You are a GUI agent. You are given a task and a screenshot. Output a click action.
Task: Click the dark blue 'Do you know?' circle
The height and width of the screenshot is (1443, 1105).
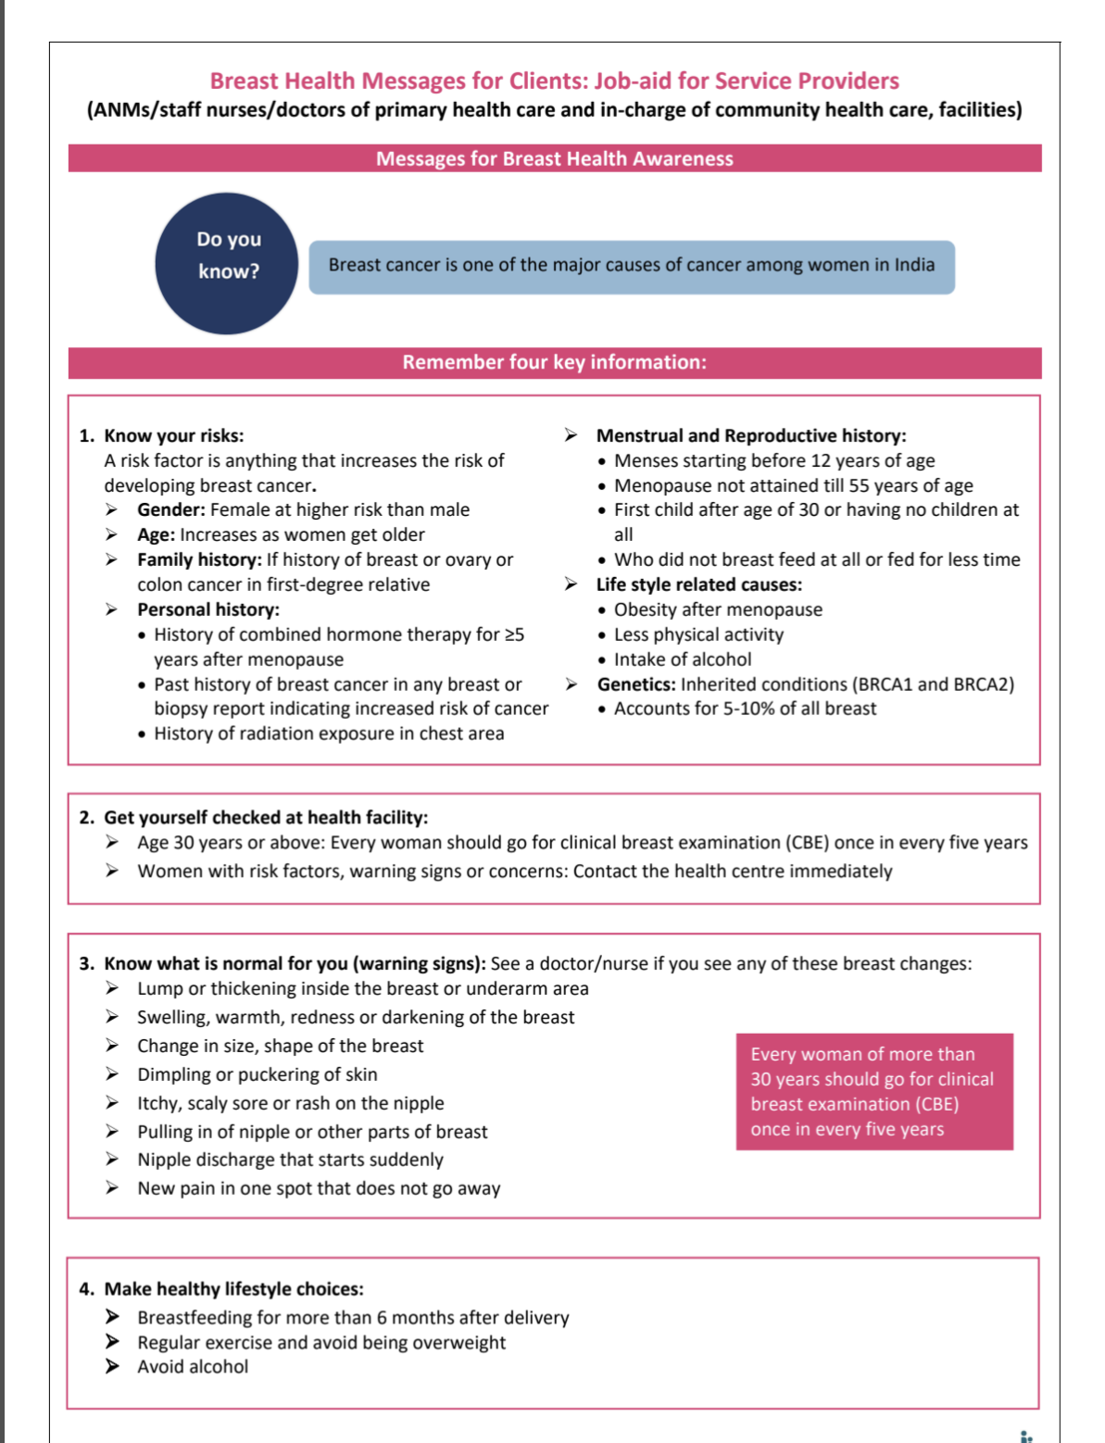pos(227,264)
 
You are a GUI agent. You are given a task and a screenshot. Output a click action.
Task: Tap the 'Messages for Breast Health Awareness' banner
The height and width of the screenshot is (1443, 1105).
pos(554,158)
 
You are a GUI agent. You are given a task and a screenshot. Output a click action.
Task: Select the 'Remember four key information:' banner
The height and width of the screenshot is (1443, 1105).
pos(554,362)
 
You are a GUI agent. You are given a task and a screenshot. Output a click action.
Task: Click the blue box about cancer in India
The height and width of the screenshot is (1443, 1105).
pos(631,266)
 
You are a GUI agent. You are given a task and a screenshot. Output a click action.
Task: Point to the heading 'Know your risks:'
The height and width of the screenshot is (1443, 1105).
pos(173,435)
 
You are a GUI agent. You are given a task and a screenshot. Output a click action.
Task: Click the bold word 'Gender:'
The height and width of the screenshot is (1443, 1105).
pos(170,509)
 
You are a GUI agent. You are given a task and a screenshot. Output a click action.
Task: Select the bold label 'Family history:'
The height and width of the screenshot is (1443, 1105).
pos(199,559)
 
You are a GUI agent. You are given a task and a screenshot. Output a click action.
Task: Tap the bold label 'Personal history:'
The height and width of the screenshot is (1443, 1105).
pos(207,609)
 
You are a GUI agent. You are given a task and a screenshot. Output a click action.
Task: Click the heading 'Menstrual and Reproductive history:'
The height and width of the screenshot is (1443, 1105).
pos(750,435)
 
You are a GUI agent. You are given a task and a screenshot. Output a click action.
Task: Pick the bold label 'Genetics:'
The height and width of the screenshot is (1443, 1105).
pos(635,684)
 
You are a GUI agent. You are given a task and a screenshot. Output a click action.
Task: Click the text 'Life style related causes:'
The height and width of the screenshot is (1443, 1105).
pos(698,584)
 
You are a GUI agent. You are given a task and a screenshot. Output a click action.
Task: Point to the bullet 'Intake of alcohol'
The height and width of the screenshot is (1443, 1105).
pos(683,659)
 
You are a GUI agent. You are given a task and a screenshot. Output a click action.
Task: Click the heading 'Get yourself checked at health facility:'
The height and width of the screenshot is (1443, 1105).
pos(266,817)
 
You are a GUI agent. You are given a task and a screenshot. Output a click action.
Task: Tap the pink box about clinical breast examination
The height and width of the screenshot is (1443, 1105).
pos(873,1091)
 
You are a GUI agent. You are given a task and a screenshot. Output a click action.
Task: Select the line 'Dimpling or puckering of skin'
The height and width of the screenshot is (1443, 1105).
pos(257,1074)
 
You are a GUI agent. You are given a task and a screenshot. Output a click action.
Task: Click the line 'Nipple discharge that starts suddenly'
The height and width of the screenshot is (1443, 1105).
pos(290,1160)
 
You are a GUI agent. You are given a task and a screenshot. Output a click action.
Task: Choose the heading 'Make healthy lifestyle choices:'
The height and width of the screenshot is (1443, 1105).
pos(233,1288)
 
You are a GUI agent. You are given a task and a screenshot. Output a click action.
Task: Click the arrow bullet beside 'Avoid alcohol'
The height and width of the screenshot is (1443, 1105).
pos(112,1366)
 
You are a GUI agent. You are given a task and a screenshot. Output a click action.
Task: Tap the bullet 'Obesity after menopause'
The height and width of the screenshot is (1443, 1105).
pos(718,609)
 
